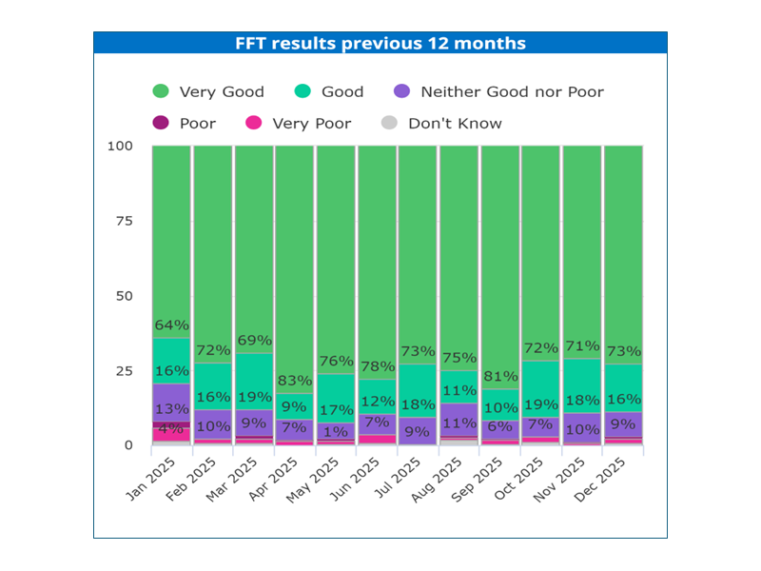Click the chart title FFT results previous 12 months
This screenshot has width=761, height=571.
pos(380,44)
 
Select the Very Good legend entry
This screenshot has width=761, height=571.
pos(209,92)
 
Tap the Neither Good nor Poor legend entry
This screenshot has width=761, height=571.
pos(498,92)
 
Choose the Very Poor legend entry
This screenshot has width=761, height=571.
pos(299,124)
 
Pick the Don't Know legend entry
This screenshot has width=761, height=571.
pos(441,124)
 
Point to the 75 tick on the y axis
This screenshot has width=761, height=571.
pos(122,222)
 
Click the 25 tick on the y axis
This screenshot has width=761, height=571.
pos(122,371)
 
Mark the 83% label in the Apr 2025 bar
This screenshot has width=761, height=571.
pos(295,382)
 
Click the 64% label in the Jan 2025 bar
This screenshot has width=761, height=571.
pos(172,325)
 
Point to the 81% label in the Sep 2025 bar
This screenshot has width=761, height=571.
pos(500,377)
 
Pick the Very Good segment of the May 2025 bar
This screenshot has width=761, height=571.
pos(336,247)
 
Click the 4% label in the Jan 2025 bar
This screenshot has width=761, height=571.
pos(171,429)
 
